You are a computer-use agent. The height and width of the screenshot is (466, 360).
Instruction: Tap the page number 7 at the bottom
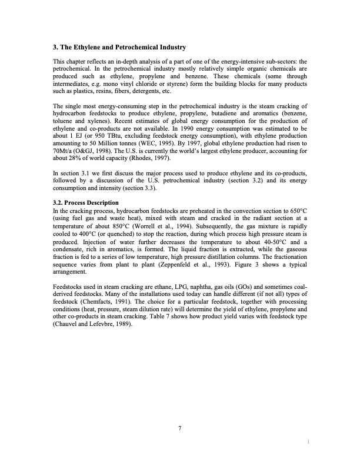click(179, 428)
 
